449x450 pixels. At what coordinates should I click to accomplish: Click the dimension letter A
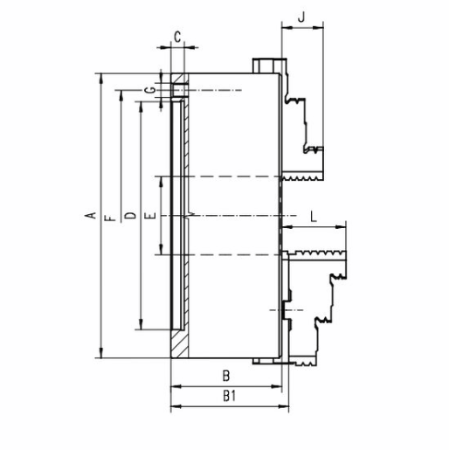pyautogui.click(x=91, y=216)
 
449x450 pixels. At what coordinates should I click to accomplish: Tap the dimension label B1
pyautogui.click(x=230, y=396)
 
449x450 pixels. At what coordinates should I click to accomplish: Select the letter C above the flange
pyautogui.click(x=177, y=37)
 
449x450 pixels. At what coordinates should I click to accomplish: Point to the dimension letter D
pyautogui.click(x=130, y=216)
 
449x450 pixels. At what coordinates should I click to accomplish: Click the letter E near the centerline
pyautogui.click(x=150, y=216)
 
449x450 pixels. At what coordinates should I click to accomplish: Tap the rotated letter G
pyautogui.click(x=150, y=90)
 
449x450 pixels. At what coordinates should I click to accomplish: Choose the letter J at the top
pyautogui.click(x=301, y=17)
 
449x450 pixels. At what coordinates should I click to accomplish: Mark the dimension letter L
pyautogui.click(x=314, y=217)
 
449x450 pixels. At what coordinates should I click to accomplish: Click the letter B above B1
pyautogui.click(x=226, y=376)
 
